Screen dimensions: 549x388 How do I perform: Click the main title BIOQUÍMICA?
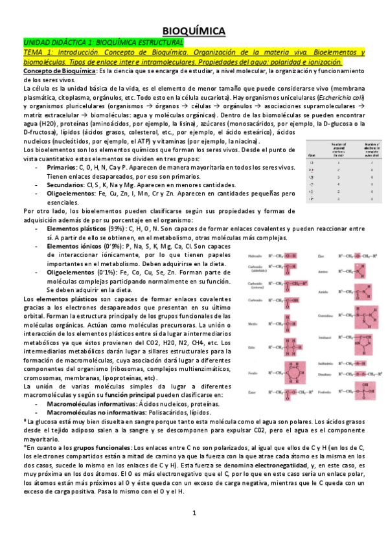193,30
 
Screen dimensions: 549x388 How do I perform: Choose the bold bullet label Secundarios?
66,184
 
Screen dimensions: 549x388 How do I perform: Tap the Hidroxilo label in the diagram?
254,254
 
